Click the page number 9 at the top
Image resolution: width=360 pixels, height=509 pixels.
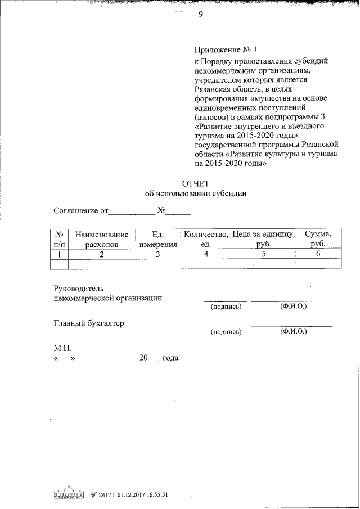coord(200,15)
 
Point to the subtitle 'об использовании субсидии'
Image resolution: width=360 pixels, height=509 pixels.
coord(195,193)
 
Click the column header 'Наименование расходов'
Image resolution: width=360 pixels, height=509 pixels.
coord(102,240)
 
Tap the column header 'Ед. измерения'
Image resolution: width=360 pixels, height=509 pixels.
coord(158,240)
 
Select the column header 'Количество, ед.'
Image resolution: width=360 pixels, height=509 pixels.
coord(205,240)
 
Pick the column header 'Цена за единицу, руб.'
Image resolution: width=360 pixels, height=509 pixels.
coord(263,240)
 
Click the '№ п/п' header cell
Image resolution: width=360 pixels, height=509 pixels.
coord(59,240)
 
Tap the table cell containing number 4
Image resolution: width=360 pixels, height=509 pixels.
coord(206,254)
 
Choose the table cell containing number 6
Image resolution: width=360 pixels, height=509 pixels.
coord(318,254)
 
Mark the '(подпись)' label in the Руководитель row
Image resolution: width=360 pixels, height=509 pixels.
coord(226,307)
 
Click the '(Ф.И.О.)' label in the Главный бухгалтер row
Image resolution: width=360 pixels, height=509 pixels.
coord(292,332)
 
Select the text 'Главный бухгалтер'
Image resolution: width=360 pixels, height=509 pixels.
coord(88,323)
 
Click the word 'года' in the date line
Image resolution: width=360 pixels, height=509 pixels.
coord(170,358)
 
